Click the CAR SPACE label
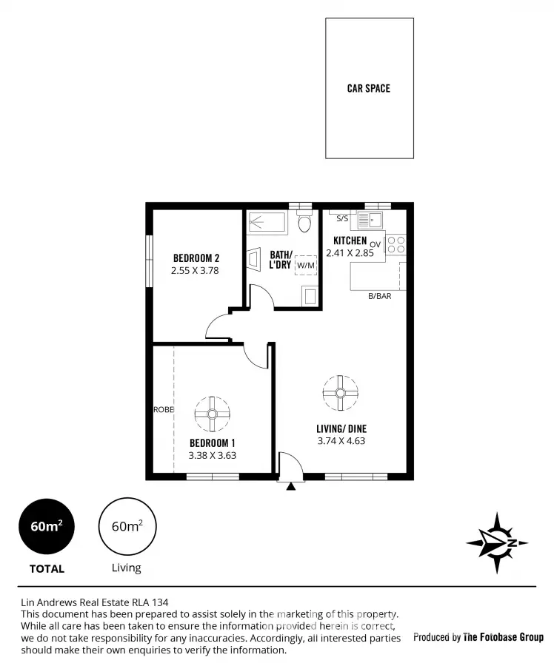coord(368,89)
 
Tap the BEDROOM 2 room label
coord(196,258)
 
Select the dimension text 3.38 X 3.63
coord(213,456)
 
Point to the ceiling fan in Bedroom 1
coord(213,413)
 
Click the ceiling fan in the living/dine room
coord(340,392)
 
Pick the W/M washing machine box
coord(305,265)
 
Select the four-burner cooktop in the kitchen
coord(396,244)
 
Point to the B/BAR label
coord(380,296)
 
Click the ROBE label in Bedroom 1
coord(163,409)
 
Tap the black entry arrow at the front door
coord(291,486)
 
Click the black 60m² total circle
coord(47,527)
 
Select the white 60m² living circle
coord(127,527)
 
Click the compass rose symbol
coord(497,543)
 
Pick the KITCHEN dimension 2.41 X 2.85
coord(350,252)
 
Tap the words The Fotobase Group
coord(503,637)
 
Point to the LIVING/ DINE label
coord(341,428)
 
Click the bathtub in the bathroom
coord(267,221)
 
